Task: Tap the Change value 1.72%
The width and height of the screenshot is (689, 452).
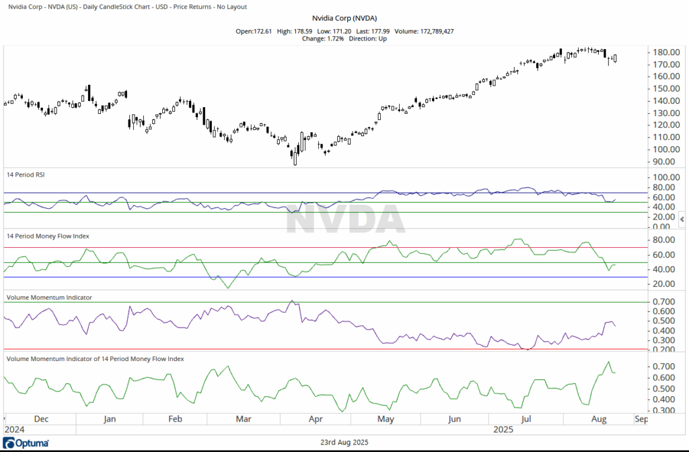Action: (x=333, y=38)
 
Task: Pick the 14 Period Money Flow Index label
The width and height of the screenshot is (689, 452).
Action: (x=48, y=236)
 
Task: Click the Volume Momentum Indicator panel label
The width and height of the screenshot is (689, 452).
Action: (x=49, y=296)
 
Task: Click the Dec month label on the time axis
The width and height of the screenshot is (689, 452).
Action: (x=41, y=419)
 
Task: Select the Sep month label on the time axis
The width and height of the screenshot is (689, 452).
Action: (x=641, y=419)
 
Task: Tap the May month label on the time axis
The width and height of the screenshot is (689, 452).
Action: (x=386, y=419)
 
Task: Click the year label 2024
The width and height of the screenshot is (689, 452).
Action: (x=15, y=429)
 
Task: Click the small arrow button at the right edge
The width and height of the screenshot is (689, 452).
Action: (x=682, y=220)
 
